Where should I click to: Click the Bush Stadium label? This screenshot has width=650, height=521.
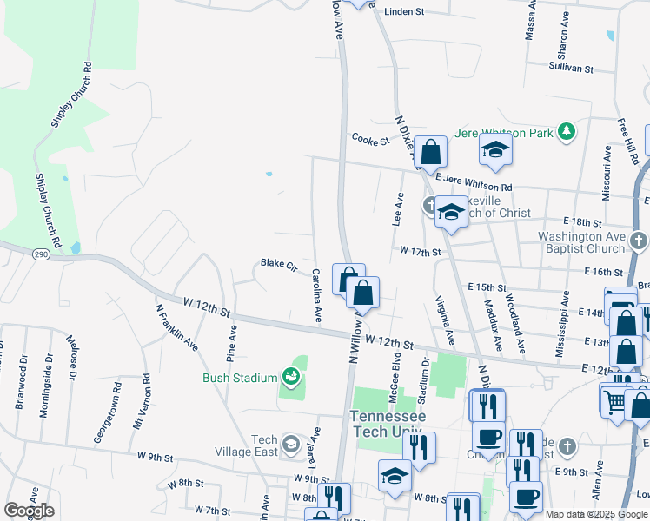pyautogui.click(x=240, y=378)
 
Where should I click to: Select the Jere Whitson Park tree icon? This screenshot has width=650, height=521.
pyautogui.click(x=567, y=132)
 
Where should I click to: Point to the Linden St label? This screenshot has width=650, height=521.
pyautogui.click(x=403, y=12)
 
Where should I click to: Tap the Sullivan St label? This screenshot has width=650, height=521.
pyautogui.click(x=570, y=68)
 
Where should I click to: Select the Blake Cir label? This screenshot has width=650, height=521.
pyautogui.click(x=279, y=263)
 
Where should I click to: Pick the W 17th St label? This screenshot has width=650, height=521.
pyautogui.click(x=421, y=251)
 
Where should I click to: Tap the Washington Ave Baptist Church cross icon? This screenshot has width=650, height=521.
pyautogui.click(x=638, y=240)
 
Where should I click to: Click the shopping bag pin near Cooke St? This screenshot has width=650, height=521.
pyautogui.click(x=430, y=153)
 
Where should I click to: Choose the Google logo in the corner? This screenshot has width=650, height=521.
pyautogui.click(x=29, y=511)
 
